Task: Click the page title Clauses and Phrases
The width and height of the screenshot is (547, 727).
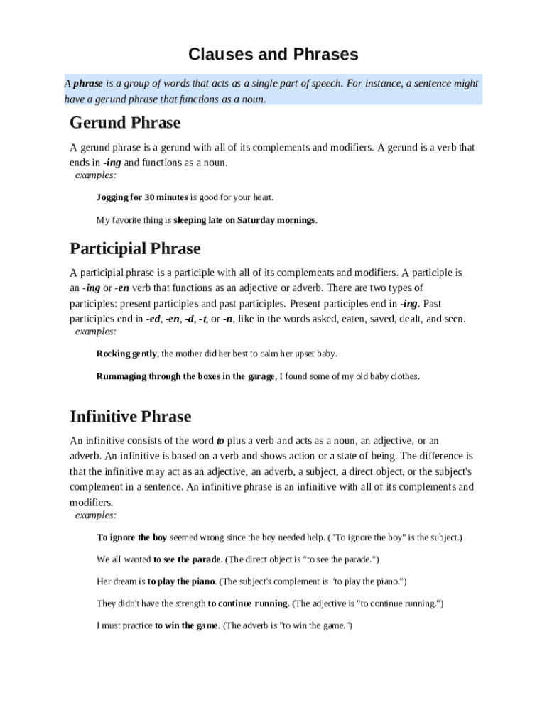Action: coord(273,55)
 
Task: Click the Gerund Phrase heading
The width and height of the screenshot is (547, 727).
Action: coord(125,123)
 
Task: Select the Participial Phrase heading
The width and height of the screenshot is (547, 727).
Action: coord(135,248)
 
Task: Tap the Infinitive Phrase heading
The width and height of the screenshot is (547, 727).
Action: coord(130,416)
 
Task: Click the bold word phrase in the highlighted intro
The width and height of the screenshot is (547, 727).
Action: coord(88,84)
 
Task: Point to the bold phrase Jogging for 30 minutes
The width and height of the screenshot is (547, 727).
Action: coord(142,197)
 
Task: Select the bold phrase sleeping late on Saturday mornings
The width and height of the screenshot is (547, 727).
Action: coord(244,220)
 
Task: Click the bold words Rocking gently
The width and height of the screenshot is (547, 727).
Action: coord(126,354)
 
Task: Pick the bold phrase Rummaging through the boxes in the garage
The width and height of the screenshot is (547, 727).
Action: coord(185,376)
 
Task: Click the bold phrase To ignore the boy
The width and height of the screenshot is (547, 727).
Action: coord(131,537)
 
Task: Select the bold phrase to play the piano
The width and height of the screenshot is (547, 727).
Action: coord(181,581)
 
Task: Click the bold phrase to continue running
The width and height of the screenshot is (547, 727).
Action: coord(247,603)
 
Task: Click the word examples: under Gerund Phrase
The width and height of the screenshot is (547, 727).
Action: coord(96,175)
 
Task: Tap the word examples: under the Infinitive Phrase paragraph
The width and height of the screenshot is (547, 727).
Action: coord(96,515)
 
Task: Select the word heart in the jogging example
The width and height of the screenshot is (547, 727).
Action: coord(260,197)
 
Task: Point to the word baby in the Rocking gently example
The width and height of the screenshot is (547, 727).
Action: coord(327,354)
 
